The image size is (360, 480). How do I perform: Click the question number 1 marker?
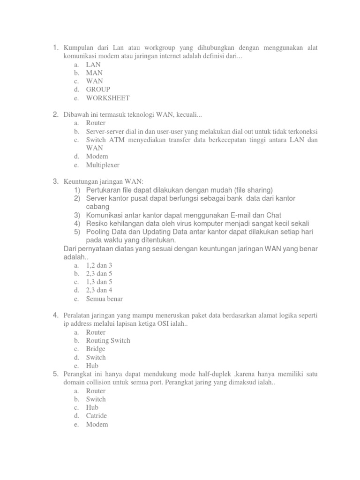pos(55,47)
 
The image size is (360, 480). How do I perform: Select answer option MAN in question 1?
pos(94,73)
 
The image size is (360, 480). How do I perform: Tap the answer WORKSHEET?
pos(107,98)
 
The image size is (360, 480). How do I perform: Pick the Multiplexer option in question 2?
pos(103,165)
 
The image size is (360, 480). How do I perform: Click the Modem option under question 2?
pos(97,157)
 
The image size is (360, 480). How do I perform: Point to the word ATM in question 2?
pos(117,140)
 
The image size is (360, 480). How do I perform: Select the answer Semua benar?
pos(105,299)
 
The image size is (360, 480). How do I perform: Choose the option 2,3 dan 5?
pos(99,274)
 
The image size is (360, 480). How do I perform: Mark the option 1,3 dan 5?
pos(99,282)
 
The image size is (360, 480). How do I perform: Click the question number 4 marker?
pos(55,315)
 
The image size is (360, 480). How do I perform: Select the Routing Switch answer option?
pos(108,341)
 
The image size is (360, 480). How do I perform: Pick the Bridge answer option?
pos(96,349)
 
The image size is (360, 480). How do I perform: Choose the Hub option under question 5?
pos(92,408)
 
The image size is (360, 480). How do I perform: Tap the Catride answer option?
pos(97,416)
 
